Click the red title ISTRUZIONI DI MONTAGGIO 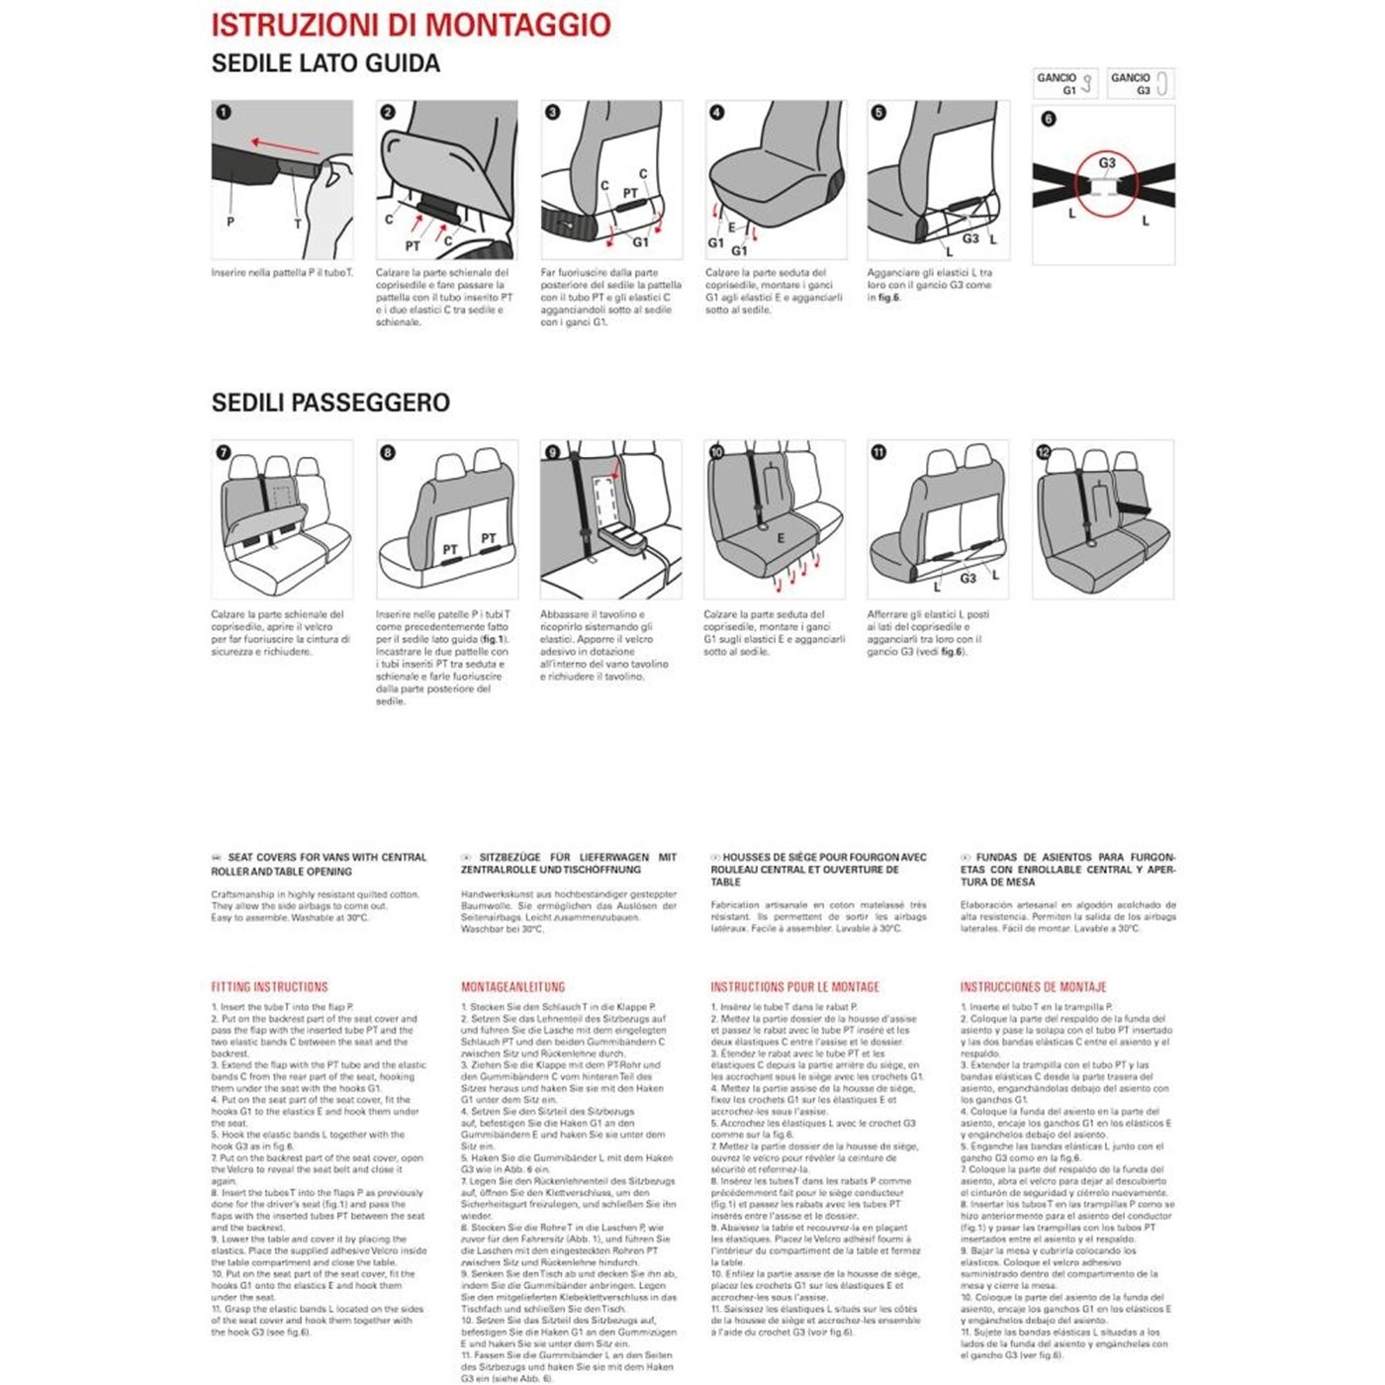411,26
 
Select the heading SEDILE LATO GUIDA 325,64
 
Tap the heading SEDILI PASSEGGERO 330,403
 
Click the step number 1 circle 224,112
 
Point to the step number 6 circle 1049,119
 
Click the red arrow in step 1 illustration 284,146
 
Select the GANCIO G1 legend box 1065,83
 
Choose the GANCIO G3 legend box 1141,83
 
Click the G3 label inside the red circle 1107,163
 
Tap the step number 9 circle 553,452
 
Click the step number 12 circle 1044,452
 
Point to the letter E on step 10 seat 781,538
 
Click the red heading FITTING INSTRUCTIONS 269,987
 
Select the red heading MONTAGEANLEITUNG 512,987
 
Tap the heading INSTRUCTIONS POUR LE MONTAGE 794,987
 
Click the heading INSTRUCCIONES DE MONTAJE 1033,987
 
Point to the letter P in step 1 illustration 231,223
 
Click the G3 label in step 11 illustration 968,578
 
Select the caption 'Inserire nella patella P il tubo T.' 282,273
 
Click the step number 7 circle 224,452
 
